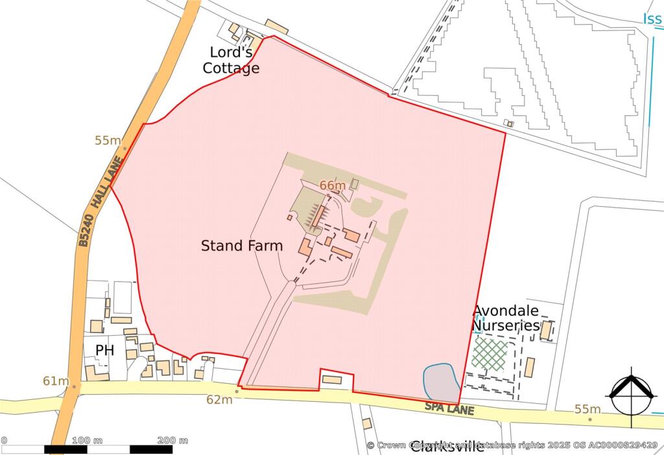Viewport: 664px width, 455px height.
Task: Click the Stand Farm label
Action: click(241, 246)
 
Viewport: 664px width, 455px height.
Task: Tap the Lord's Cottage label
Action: click(231, 60)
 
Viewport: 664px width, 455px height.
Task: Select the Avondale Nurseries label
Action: click(506, 318)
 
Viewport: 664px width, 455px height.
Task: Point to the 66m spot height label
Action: click(333, 186)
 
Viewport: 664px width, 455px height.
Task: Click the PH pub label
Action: click(104, 351)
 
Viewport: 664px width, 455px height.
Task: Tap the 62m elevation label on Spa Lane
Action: click(219, 400)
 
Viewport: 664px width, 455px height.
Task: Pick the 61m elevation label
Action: click(56, 380)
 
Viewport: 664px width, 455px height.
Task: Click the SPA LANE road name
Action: click(449, 409)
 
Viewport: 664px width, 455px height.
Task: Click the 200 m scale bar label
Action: click(172, 441)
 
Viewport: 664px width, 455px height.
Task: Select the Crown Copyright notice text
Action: click(512, 445)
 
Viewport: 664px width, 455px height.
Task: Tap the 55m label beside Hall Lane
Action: click(108, 141)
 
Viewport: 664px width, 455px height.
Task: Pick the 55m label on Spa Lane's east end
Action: click(587, 409)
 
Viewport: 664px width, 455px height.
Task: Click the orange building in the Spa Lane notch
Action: click(332, 379)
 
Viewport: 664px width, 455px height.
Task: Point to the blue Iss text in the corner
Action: click(652, 19)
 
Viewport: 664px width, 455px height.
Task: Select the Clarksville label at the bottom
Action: click(447, 447)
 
